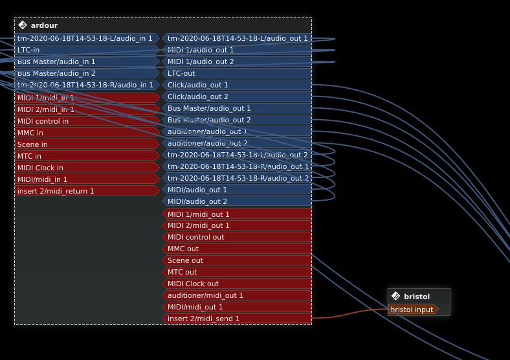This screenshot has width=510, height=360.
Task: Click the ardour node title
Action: [44, 25]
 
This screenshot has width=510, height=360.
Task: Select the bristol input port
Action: [412, 309]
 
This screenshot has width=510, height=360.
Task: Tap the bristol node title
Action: [416, 297]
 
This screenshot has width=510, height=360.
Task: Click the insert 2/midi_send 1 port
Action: [237, 319]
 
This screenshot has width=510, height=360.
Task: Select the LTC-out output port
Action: [237, 73]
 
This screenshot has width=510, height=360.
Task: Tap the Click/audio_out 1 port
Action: [237, 85]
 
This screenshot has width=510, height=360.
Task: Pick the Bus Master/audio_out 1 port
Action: [237, 108]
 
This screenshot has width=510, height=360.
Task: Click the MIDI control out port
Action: [237, 237]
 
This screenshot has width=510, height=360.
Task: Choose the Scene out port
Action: [237, 260]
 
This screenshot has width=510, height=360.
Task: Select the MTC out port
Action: [237, 272]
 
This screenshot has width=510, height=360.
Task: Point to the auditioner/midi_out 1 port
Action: [237, 295]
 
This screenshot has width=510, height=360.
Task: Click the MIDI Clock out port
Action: [237, 284]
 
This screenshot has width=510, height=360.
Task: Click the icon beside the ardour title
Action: [23, 25]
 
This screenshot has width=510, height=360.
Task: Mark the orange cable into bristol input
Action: [349, 315]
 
